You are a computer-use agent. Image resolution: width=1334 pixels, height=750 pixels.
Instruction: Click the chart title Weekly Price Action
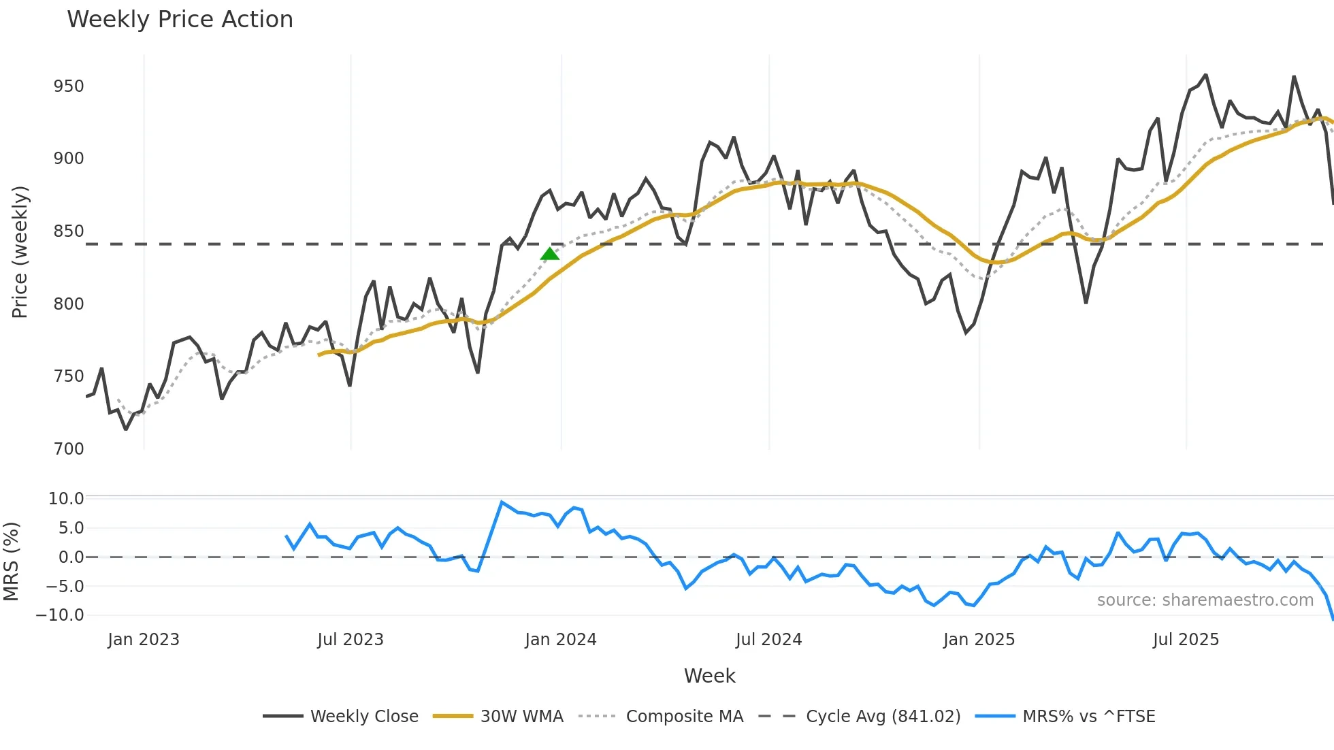[180, 19]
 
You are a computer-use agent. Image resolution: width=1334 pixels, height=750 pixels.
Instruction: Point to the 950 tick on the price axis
[69, 86]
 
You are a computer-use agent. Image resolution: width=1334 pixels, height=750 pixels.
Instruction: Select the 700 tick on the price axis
[69, 449]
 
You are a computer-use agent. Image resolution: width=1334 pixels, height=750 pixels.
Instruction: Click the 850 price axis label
[69, 231]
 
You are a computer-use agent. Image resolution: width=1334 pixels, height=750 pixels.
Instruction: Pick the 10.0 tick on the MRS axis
[66, 499]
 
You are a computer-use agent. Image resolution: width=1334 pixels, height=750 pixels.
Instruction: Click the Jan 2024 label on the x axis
[560, 640]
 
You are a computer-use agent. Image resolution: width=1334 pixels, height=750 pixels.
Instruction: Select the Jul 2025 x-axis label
[1186, 640]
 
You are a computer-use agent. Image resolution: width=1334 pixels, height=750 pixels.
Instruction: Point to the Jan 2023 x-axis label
[144, 640]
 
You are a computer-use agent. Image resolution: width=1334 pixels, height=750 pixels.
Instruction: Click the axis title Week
[709, 676]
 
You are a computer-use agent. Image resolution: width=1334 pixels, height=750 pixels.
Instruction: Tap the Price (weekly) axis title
[20, 252]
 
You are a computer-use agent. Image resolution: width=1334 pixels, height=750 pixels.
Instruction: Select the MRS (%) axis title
[11, 561]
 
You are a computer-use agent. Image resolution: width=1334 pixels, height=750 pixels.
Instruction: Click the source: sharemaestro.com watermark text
[1205, 600]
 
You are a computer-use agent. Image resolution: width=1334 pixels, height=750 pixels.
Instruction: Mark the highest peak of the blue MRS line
[502, 502]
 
